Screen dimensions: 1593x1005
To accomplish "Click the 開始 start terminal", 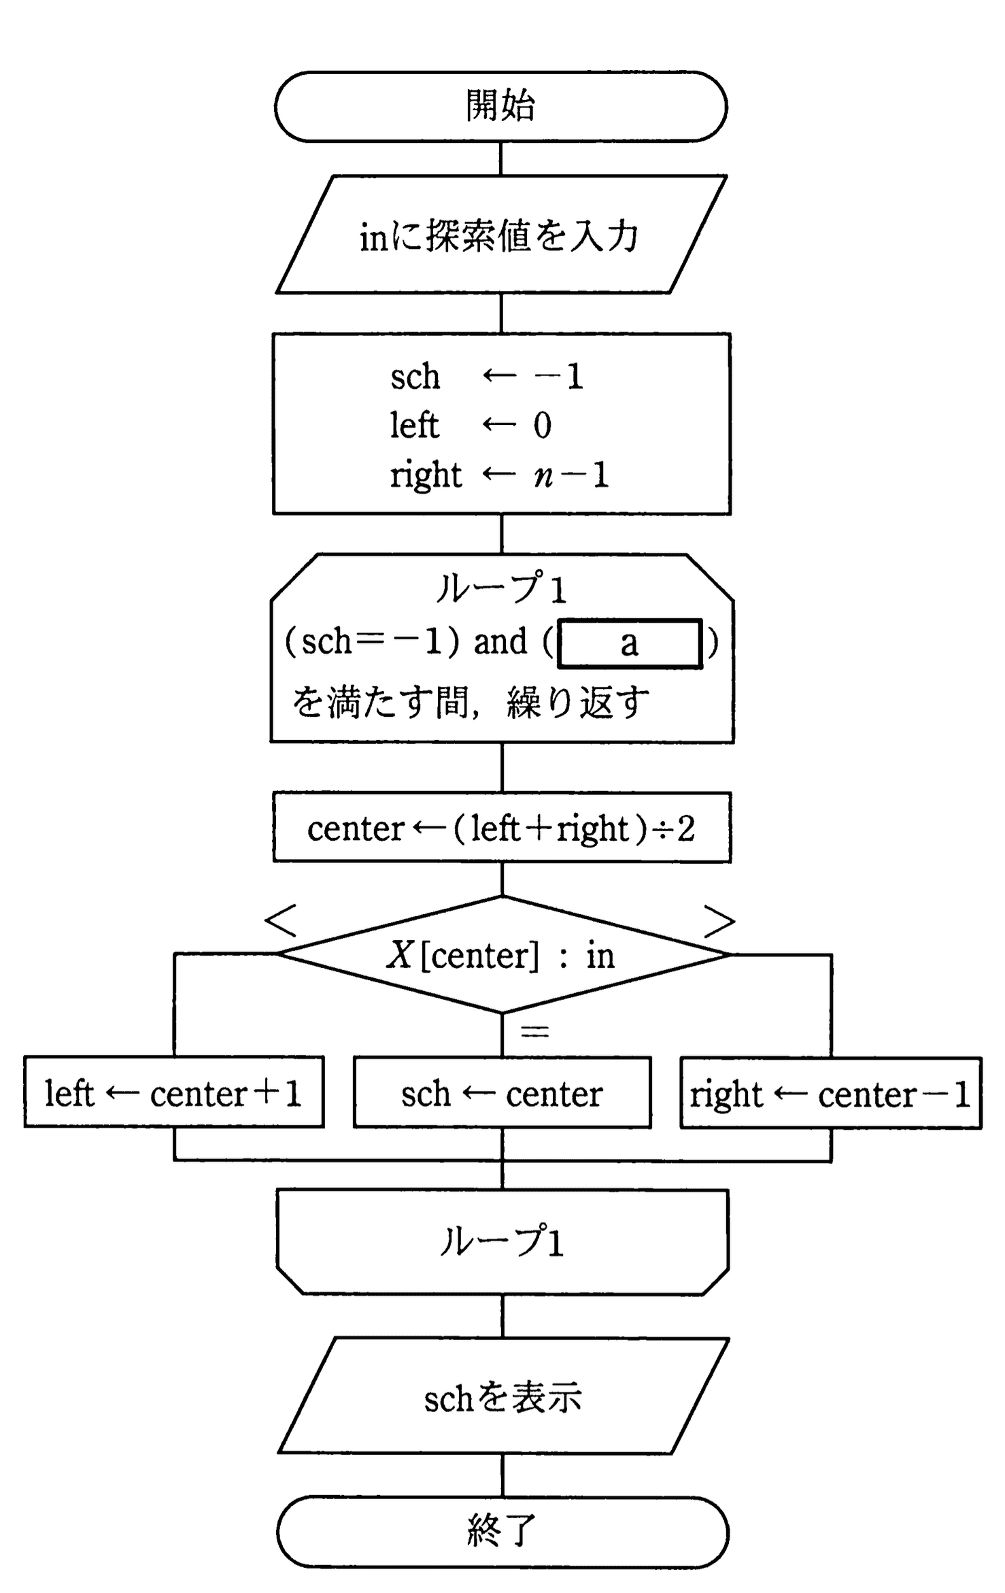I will tap(501, 107).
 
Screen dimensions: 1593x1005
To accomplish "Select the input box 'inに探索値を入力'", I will tap(501, 235).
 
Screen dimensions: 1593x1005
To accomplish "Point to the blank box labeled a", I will tap(630, 643).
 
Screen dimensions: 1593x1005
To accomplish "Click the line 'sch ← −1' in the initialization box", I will tap(487, 377).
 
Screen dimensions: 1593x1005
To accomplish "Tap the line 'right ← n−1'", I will tap(499, 475).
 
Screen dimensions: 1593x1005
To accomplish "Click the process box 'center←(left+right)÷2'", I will tap(502, 828).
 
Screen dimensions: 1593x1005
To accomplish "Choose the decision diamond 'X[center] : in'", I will tap(502, 955).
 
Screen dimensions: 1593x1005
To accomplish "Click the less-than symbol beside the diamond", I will tap(281, 921).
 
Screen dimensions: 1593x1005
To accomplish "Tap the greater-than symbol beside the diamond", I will tap(719, 921).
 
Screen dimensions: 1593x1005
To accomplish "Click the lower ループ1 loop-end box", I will tap(502, 1241).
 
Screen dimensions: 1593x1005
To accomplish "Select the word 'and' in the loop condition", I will tap(500, 642).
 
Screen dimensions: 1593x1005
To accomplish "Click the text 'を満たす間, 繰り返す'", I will tap(471, 702).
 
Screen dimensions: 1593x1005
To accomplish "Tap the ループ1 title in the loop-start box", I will tap(501, 589).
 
